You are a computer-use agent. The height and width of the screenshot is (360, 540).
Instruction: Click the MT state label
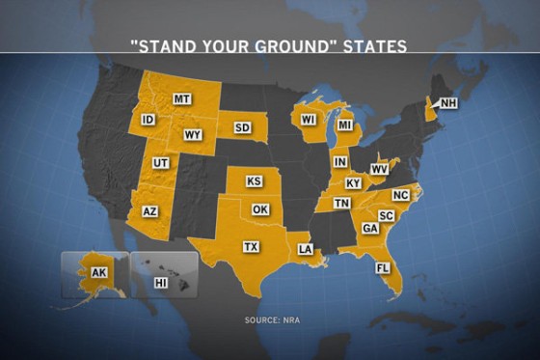coord(181,99)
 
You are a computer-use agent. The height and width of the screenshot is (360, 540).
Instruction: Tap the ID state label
coord(148,120)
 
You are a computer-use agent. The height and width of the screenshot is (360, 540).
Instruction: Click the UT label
coord(161,163)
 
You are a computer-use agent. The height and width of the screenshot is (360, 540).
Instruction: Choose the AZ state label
coord(149,210)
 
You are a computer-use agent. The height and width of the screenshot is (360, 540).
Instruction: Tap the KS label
coord(255,181)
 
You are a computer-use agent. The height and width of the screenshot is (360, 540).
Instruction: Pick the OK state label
coord(259,208)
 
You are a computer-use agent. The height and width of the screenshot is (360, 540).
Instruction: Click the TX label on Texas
coord(251,247)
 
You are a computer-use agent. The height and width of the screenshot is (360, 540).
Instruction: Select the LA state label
coord(305,249)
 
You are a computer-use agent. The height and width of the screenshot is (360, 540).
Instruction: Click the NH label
coord(447,103)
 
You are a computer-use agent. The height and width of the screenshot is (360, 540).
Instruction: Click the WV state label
coord(379,169)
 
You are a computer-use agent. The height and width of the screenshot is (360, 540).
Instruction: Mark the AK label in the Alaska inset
coord(98,273)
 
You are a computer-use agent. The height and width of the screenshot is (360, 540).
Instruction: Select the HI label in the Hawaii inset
coord(160,282)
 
